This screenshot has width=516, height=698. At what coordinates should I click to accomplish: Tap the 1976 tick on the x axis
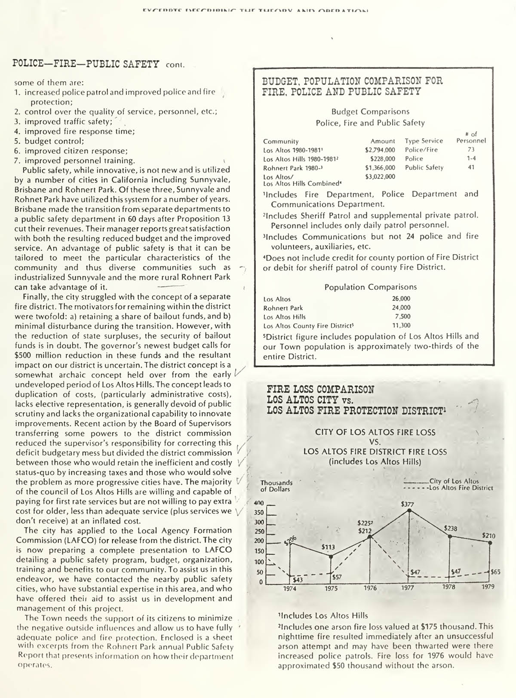[x=370, y=587]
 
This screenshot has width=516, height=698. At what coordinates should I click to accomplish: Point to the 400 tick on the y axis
[x=259, y=503]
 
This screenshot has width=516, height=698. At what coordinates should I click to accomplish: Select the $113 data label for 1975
[x=329, y=547]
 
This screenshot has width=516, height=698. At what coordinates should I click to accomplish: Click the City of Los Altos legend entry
[x=454, y=481]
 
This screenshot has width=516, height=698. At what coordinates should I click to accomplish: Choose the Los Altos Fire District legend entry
[x=461, y=488]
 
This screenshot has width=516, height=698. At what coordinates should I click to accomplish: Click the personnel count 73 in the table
[x=471, y=150]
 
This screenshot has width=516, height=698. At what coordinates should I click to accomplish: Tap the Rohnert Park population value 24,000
[x=401, y=307]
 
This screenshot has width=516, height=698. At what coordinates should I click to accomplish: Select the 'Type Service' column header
[x=424, y=141]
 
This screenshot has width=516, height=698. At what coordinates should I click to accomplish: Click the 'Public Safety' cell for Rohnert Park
[x=424, y=168]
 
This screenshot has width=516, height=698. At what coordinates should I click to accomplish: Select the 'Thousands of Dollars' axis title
[x=276, y=486]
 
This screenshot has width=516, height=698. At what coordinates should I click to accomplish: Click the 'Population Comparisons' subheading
[x=370, y=287]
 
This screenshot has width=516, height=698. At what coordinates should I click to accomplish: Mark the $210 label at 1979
[x=488, y=536]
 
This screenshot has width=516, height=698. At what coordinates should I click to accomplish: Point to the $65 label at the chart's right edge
[x=495, y=572]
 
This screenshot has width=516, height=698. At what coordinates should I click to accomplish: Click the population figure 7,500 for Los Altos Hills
[x=402, y=317]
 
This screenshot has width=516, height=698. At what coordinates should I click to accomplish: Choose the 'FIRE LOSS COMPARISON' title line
[x=320, y=390]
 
